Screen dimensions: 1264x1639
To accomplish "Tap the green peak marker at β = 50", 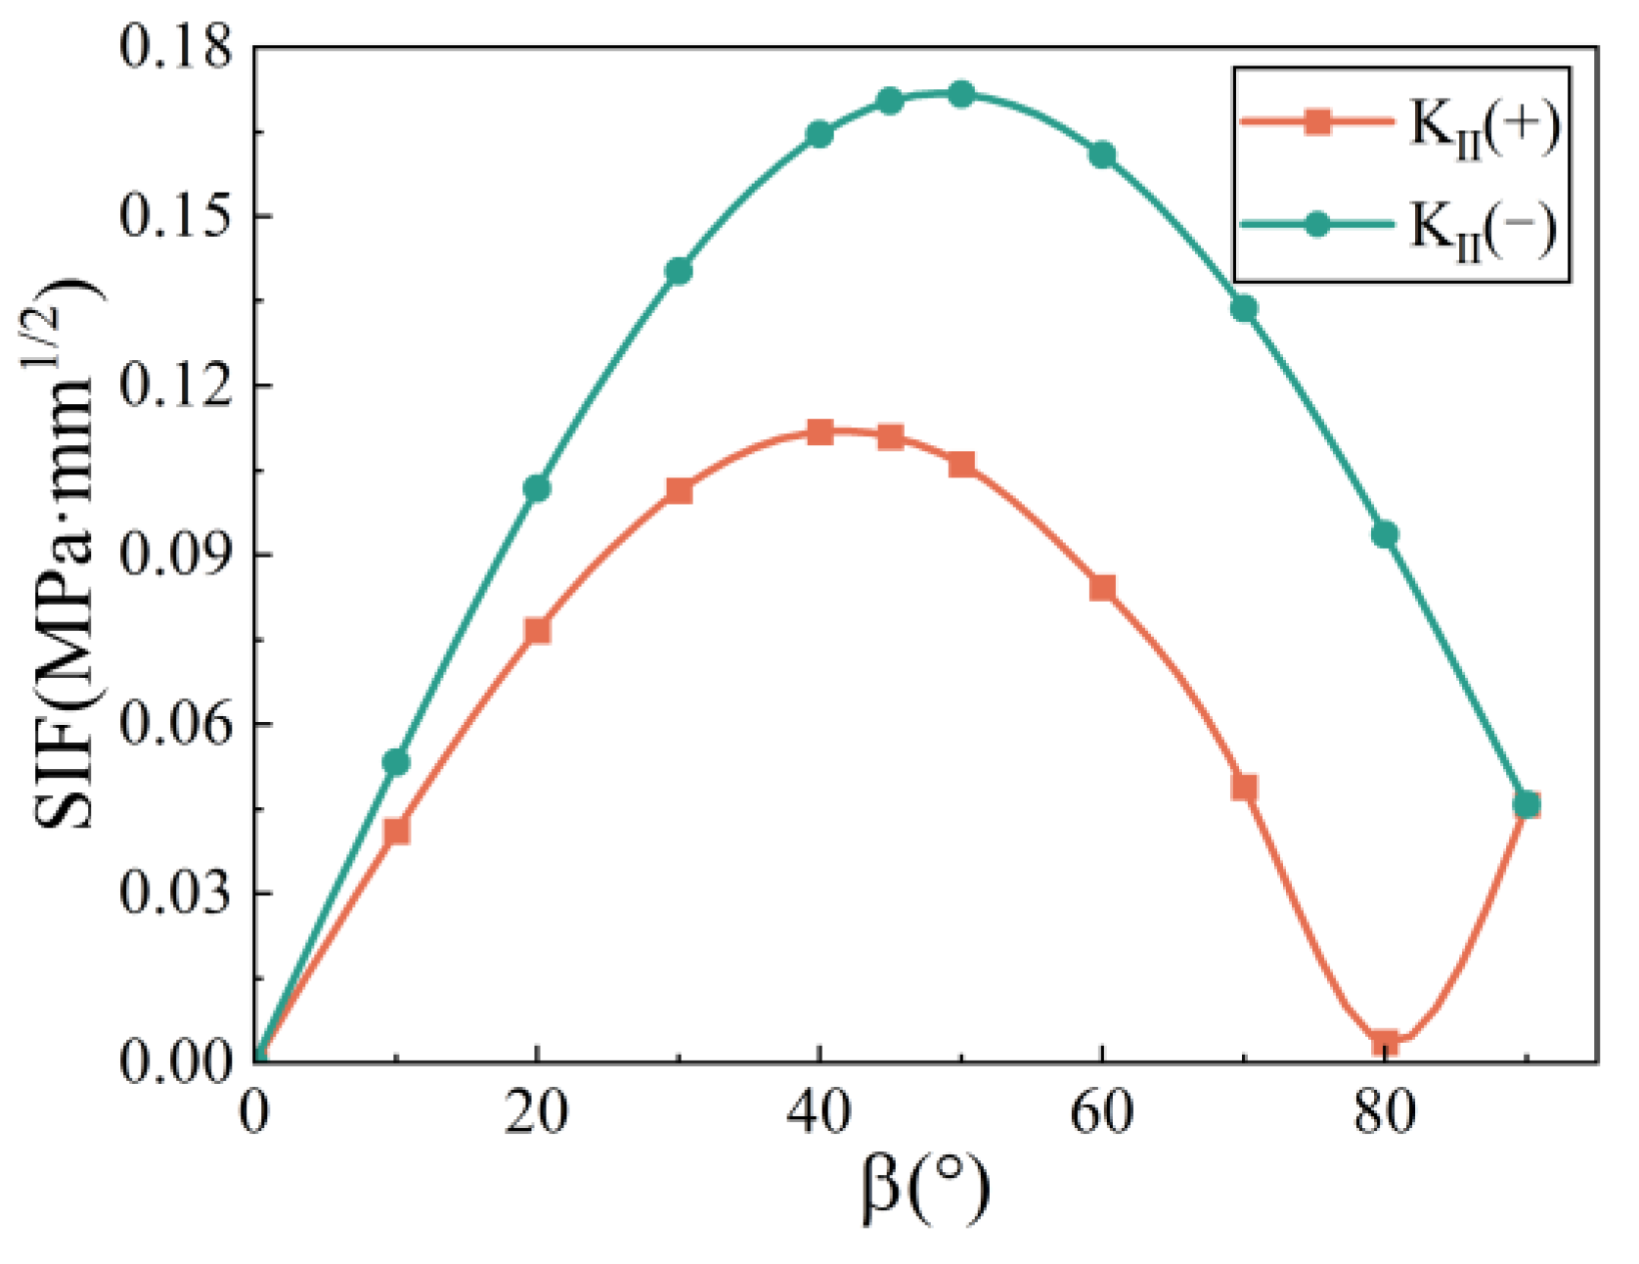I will [961, 94].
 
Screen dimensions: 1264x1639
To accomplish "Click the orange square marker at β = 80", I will [1384, 1042].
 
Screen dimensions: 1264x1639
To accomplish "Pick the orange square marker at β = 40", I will [819, 432].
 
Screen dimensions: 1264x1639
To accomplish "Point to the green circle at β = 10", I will [396, 762].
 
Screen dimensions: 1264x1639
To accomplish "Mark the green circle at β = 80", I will [1384, 534].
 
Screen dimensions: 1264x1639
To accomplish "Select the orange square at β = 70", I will [1244, 788].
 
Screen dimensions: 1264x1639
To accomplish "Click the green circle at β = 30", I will [679, 271].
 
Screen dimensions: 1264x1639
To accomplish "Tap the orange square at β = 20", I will [537, 631].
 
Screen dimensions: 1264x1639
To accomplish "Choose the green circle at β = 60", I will [1102, 155].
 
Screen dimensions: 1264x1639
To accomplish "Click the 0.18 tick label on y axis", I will [176, 47].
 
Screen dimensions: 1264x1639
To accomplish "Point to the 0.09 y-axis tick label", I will [176, 555].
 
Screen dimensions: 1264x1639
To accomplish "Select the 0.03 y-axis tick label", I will [176, 893].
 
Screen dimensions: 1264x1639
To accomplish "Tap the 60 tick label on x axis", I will [1102, 1113].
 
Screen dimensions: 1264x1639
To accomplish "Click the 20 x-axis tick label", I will [537, 1113].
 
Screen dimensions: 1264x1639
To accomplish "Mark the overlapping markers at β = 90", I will [1526, 805].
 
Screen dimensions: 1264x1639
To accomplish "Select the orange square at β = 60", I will [1102, 588].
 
